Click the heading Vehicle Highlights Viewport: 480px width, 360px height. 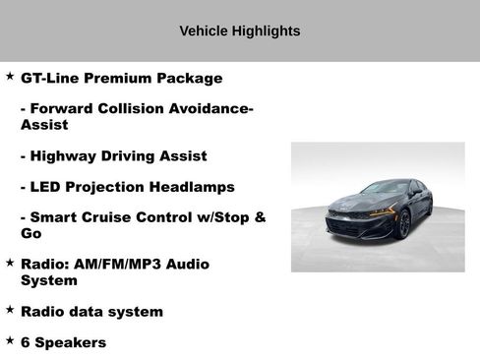pyautogui.click(x=240, y=31)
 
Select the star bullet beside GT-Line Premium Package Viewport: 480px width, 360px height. pyautogui.click(x=10, y=76)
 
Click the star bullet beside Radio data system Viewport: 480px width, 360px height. pyautogui.click(x=10, y=309)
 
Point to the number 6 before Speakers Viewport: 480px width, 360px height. pyautogui.click(x=26, y=342)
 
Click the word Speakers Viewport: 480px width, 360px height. pyautogui.click(x=71, y=342)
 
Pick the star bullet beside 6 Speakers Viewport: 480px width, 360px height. pyautogui.click(x=10, y=339)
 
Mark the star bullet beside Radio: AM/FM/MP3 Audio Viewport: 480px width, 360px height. pyautogui.click(x=10, y=263)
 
